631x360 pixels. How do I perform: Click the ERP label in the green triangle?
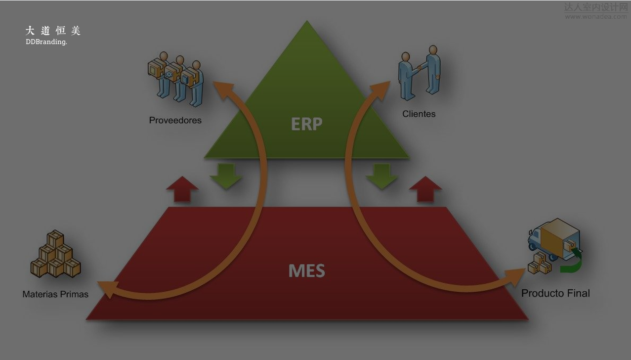point(306,124)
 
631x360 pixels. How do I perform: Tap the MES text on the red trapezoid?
point(306,271)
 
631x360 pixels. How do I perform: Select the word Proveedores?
point(175,120)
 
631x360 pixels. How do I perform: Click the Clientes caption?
point(419,114)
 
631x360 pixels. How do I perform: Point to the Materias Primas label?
point(55,294)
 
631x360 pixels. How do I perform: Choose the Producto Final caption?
point(555,293)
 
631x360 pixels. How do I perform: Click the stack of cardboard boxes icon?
point(55,255)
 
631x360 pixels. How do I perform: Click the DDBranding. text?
point(46,42)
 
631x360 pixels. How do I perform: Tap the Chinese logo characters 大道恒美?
point(53,31)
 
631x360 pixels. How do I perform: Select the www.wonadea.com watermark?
point(595,17)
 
